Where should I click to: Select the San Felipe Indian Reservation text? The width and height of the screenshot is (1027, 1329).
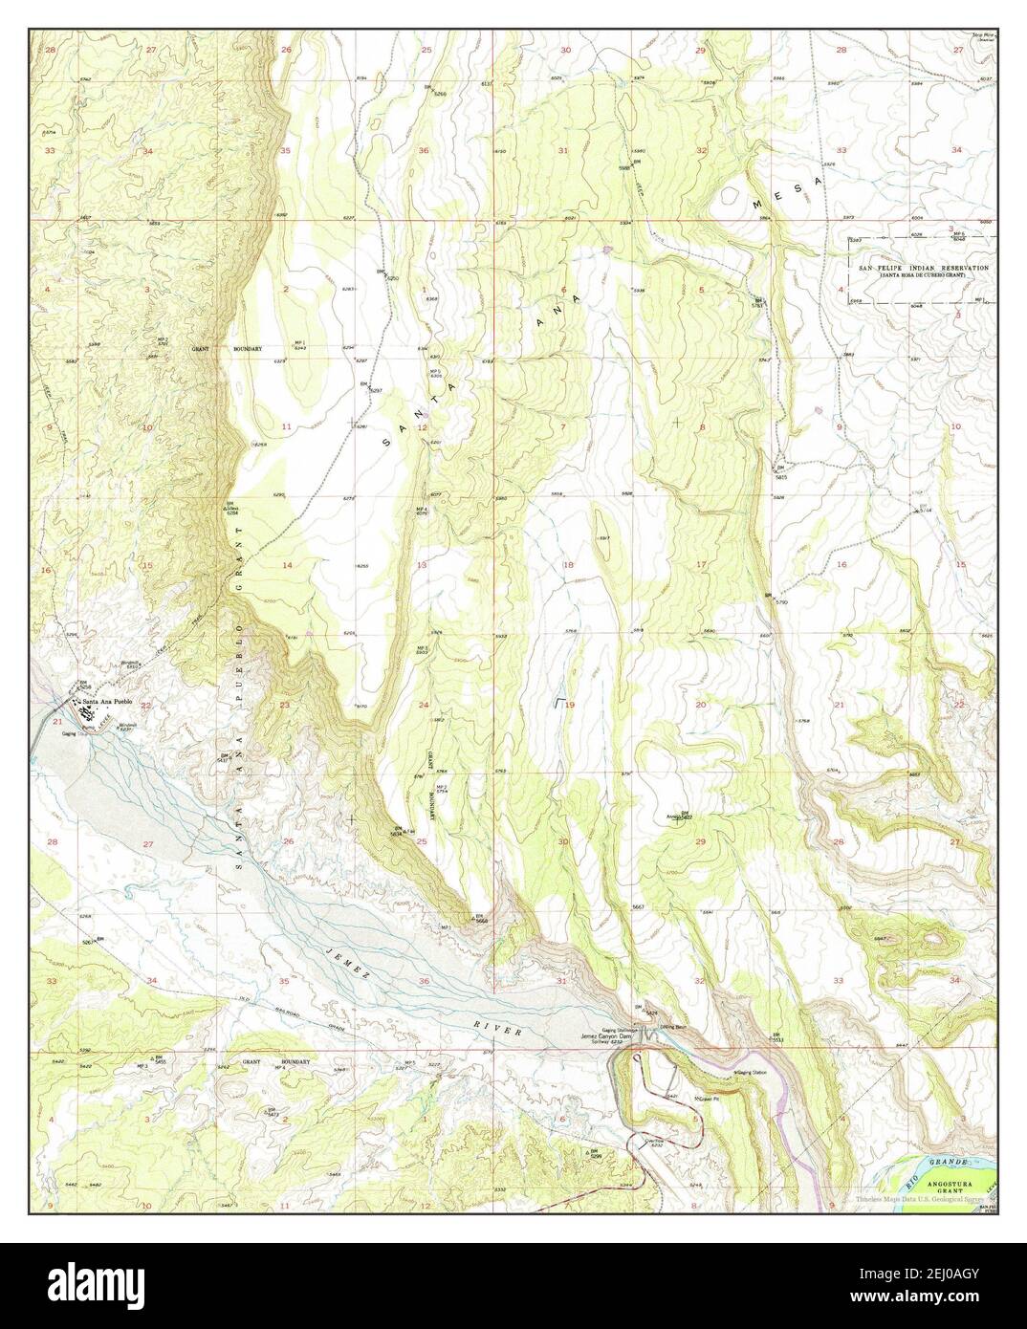[922, 269]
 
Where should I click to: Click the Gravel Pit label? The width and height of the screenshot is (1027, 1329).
[706, 1098]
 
